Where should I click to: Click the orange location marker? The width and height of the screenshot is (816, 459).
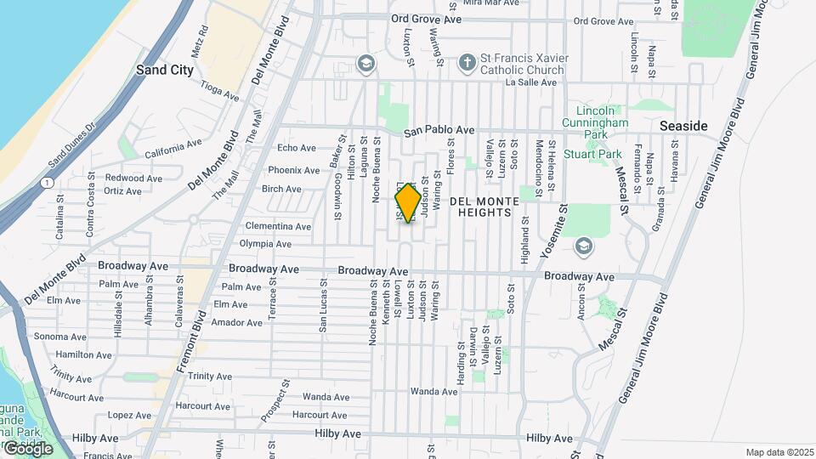point(408,203)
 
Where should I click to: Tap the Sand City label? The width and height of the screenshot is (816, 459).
point(165,71)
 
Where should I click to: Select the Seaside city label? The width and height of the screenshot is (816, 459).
point(683,126)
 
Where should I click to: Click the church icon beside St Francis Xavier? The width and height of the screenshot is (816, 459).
point(466,63)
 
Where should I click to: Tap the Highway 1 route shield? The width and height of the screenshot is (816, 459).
point(45,182)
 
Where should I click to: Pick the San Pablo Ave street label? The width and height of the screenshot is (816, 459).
point(439,131)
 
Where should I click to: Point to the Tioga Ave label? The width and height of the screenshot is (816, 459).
point(219,89)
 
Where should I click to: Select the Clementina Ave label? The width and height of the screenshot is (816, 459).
point(278,227)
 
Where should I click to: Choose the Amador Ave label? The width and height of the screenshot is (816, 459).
point(236,323)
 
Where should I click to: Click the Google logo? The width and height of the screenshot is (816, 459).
point(27,448)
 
